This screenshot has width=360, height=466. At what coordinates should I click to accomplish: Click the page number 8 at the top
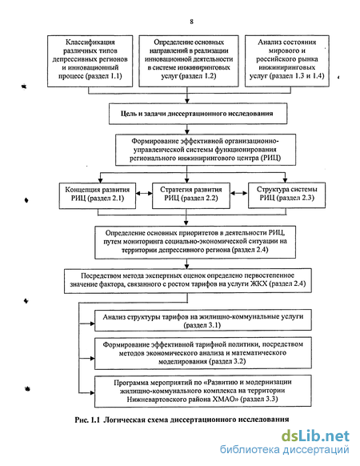191,22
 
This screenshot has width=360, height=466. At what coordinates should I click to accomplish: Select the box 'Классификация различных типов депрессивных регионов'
90,61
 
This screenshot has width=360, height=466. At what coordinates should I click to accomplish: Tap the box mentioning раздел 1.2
189,61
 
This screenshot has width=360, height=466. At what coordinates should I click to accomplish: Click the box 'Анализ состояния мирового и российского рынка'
287,61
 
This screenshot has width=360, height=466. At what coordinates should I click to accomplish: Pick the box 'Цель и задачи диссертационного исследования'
198,114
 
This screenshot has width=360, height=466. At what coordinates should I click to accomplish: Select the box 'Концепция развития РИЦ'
98,195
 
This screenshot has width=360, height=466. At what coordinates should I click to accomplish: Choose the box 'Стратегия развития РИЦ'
191,195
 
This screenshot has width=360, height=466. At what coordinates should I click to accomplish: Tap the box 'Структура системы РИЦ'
286,195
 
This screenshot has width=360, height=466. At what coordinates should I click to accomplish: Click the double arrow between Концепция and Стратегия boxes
144,194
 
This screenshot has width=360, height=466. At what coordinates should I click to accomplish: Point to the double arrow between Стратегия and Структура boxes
239,193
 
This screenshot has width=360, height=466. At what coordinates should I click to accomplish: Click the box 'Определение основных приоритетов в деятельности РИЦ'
195,243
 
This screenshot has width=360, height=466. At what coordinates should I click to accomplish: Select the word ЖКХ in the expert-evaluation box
259,283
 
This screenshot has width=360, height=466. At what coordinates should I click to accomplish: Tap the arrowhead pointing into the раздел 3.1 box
92,323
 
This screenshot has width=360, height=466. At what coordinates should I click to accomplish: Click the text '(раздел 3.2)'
227,361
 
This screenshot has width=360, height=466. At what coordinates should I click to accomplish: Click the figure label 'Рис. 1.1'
86,420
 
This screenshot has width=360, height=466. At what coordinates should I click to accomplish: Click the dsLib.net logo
315,436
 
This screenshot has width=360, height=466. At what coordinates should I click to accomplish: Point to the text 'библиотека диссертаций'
284,450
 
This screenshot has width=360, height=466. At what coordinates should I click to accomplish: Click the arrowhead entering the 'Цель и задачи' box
187,100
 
